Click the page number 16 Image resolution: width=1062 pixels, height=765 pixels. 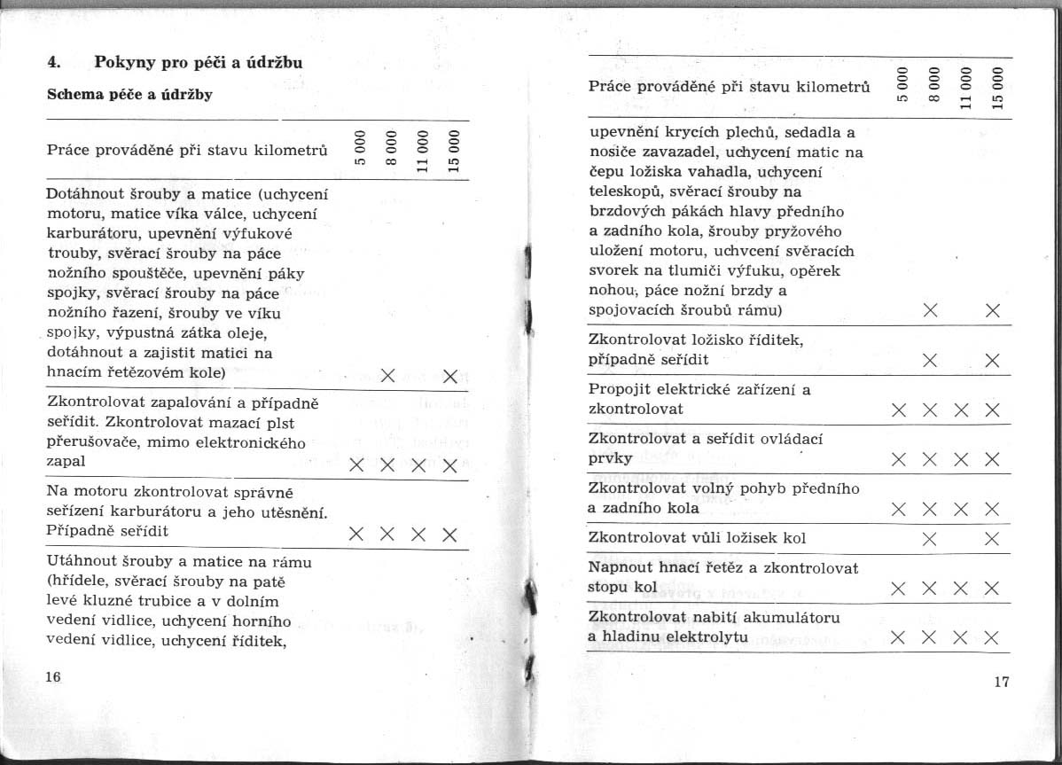52,677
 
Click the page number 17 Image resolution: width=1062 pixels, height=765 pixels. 1002,682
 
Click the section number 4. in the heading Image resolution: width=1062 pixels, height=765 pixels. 53,63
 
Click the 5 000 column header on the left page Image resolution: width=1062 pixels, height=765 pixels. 361,148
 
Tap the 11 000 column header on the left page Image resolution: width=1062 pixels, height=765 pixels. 422,148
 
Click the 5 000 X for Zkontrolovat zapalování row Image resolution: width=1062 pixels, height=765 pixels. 356,465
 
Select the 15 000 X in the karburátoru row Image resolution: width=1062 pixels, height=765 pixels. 449,535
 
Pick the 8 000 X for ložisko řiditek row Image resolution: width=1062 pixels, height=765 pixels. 930,360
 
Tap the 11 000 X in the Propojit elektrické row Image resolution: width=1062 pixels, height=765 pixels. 961,410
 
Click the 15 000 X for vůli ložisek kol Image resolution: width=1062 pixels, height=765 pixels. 992,538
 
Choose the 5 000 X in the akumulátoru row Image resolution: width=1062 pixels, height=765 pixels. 899,637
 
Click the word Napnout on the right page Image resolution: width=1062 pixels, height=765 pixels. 618,567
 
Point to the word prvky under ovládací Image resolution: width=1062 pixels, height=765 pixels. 611,458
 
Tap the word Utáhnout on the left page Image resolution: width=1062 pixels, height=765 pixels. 81,562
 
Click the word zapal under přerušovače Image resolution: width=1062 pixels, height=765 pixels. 66,462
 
